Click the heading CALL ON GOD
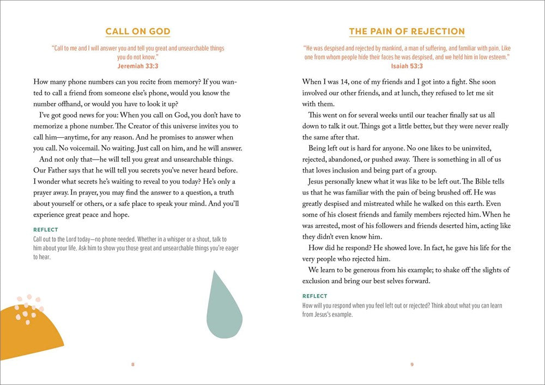tap(138, 32)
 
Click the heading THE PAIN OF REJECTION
tap(407, 32)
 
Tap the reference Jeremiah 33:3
tap(137, 65)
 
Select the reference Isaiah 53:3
tap(407, 65)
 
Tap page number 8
tap(133, 364)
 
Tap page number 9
tap(412, 364)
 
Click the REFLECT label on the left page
tap(46, 230)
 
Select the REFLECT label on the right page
tap(314, 297)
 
